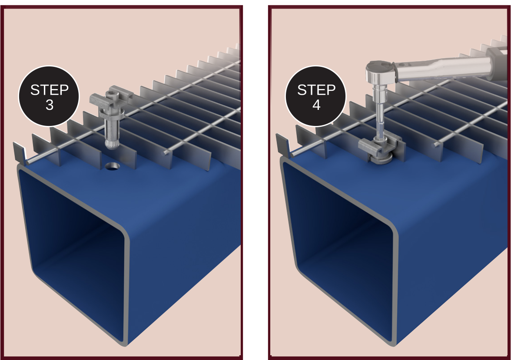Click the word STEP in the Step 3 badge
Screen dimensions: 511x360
pos(49,90)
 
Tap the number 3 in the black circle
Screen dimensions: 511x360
pos(50,105)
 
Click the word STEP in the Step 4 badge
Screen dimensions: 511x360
pos(316,90)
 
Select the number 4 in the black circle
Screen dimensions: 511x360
pos(316,105)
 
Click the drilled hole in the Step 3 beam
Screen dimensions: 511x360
pos(113,166)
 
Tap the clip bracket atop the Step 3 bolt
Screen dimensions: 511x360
pos(111,99)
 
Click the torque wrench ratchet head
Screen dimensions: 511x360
pos(380,72)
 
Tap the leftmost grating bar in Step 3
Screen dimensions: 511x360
pos(19,152)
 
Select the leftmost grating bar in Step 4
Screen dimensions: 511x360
pos(282,145)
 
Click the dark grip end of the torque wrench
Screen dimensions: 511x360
pos(497,63)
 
